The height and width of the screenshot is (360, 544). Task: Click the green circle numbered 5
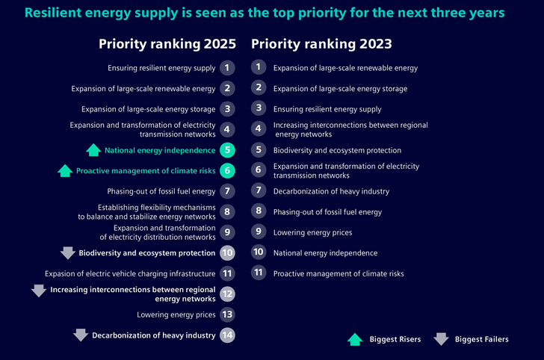pyautogui.click(x=227, y=150)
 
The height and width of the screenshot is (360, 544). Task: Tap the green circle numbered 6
pyautogui.click(x=227, y=170)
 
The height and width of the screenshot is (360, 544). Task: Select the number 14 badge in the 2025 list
pyautogui.click(x=227, y=335)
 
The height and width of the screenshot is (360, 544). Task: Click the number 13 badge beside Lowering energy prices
pyautogui.click(x=227, y=314)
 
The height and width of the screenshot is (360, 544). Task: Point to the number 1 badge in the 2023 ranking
pyautogui.click(x=259, y=67)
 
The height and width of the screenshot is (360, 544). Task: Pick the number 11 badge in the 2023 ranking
pyautogui.click(x=259, y=273)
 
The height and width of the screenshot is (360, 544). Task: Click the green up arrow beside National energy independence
pyautogui.click(x=93, y=150)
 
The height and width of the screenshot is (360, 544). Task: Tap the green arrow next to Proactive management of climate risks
pyautogui.click(x=65, y=170)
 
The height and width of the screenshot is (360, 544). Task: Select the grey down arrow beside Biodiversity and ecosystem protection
pyautogui.click(x=68, y=253)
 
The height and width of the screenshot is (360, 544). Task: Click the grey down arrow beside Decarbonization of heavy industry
pyautogui.click(x=81, y=335)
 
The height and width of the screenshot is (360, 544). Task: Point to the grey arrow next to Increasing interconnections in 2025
pyautogui.click(x=39, y=291)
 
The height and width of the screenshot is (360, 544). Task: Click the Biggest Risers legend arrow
pyautogui.click(x=355, y=340)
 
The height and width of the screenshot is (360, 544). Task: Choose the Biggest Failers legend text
pyautogui.click(x=482, y=339)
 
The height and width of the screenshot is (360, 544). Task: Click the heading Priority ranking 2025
pyautogui.click(x=167, y=44)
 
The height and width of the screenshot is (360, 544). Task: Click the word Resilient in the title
pyautogui.click(x=53, y=13)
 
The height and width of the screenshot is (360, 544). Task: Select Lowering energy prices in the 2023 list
pyautogui.click(x=312, y=233)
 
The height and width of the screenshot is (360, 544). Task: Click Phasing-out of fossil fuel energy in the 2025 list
pyautogui.click(x=161, y=191)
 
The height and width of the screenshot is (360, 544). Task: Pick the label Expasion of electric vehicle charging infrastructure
pyautogui.click(x=130, y=273)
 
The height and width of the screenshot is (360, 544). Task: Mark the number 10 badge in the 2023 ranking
pyautogui.click(x=259, y=252)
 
